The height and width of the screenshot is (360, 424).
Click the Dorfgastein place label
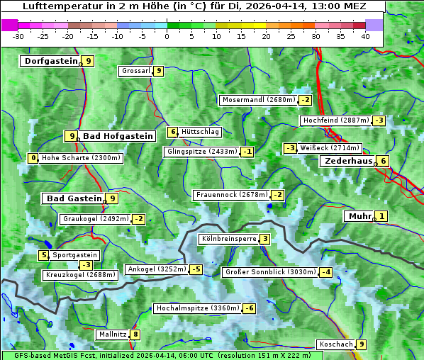click(51, 61)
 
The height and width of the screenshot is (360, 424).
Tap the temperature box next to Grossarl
click(159, 71)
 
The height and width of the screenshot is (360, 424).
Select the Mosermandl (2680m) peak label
click(258, 100)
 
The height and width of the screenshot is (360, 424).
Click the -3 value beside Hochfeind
click(379, 120)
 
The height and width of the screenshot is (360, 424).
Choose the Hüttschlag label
click(201, 132)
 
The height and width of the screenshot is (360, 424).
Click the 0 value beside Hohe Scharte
click(33, 158)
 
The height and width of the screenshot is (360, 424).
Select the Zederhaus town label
click(348, 161)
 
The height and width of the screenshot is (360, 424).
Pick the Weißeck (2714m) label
click(329, 148)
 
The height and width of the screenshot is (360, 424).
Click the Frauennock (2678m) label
click(232, 195)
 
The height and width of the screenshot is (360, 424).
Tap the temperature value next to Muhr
click(382, 216)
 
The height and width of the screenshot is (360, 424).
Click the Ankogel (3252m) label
click(156, 269)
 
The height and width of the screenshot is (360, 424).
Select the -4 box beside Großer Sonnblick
click(326, 272)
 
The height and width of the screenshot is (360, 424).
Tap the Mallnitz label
click(112, 334)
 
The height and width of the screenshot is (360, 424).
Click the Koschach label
click(335, 344)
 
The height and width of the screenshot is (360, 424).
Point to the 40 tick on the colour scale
click(365, 36)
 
